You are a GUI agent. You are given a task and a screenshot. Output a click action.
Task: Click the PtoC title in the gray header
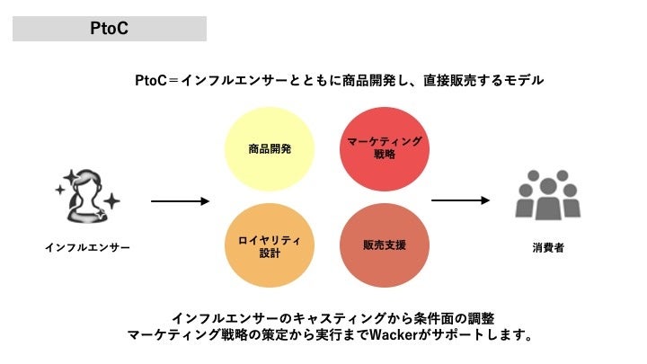coord(110,28)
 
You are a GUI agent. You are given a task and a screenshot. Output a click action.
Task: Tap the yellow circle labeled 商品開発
coord(270,148)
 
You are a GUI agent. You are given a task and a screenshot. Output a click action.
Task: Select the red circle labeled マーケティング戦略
coord(384,148)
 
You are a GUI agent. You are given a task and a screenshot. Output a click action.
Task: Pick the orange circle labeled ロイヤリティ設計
coord(270,244)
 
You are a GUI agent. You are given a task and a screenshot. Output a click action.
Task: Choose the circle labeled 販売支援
coord(384,244)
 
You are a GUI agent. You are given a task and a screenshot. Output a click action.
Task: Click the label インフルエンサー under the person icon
coord(87,247)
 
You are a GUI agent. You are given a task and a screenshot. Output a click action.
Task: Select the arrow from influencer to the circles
coord(180,200)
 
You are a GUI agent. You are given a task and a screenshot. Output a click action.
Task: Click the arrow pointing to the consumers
coord(460,200)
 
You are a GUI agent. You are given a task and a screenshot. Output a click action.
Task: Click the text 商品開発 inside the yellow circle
coord(270,148)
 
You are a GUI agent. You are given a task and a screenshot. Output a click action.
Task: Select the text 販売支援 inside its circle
coord(384,244)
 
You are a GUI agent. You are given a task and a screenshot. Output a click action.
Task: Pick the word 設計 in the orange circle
coord(270,253)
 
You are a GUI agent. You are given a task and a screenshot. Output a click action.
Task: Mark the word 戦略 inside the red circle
coord(384,155)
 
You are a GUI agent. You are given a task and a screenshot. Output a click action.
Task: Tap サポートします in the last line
coord(486,336)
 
